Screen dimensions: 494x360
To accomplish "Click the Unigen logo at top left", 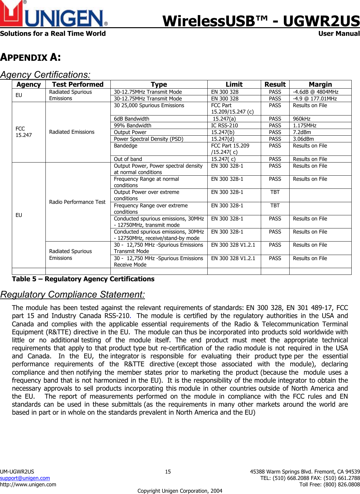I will tap(53, 14).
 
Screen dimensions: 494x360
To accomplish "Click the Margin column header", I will tap(320, 84).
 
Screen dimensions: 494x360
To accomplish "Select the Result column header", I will tap(275, 84).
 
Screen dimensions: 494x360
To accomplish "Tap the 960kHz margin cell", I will tap(302, 119).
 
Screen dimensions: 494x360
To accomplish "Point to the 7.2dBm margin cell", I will tap(302, 132).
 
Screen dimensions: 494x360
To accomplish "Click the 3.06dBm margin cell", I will tap(303, 139).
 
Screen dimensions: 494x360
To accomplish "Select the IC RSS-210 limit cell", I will tap(224, 125).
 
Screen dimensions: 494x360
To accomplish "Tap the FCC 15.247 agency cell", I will tap(24, 132).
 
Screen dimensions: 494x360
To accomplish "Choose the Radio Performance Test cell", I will tap(77, 202).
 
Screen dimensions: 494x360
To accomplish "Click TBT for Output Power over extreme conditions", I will tap(275, 192).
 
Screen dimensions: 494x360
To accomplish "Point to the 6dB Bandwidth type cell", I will tap(132, 119).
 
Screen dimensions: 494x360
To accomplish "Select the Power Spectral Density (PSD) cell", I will tap(148, 139).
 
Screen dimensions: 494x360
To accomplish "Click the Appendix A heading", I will tap(30, 57).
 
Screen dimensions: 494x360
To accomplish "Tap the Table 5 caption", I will tap(83, 279).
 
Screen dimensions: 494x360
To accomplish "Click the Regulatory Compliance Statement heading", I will tap(72, 294).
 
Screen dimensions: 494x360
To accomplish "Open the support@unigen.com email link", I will tap(25, 478).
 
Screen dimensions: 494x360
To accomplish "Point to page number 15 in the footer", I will tap(168, 472).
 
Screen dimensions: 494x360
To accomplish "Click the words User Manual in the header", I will tap(339, 34).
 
